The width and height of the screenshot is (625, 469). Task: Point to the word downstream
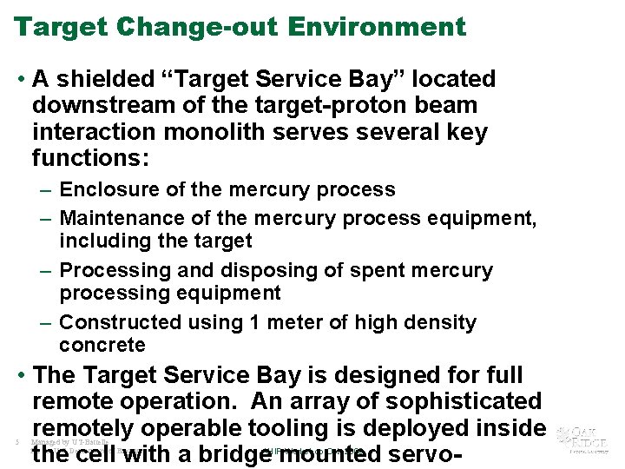(x=98, y=106)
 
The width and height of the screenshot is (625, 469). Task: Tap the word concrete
(x=102, y=345)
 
